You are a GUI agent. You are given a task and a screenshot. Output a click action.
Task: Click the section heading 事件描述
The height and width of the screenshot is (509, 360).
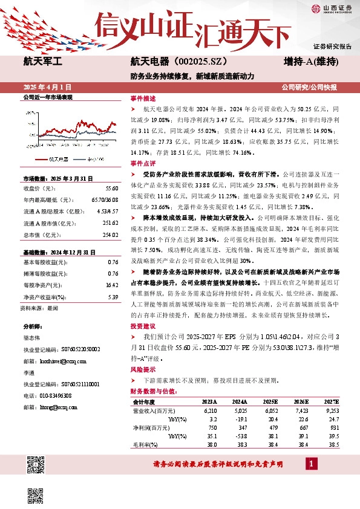point(143,98)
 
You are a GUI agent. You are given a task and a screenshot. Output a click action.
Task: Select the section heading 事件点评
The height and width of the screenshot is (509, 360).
point(143,163)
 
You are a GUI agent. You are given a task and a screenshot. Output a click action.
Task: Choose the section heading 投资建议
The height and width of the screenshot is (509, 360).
point(143,325)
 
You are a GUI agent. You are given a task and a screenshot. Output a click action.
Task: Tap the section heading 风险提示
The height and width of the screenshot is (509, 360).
point(143,369)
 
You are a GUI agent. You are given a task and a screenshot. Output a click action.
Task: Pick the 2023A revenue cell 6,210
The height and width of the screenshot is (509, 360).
point(209,410)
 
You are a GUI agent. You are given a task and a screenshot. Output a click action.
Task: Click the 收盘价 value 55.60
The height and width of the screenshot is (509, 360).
point(111,189)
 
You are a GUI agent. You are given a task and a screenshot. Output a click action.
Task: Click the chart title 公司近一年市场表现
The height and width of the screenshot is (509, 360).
point(47,97)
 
